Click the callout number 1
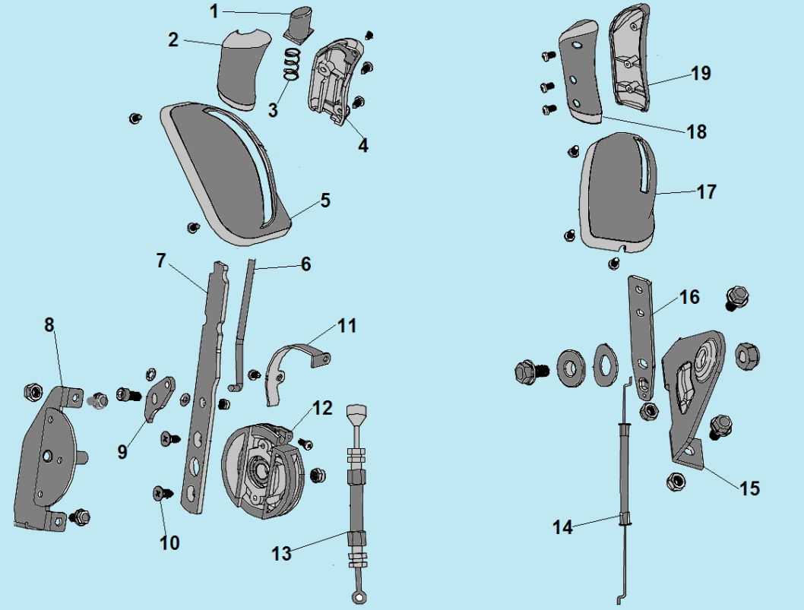(214, 11)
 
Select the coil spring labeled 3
(290, 65)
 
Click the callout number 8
(49, 325)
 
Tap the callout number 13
(282, 554)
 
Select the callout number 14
(562, 526)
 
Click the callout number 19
(701, 73)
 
